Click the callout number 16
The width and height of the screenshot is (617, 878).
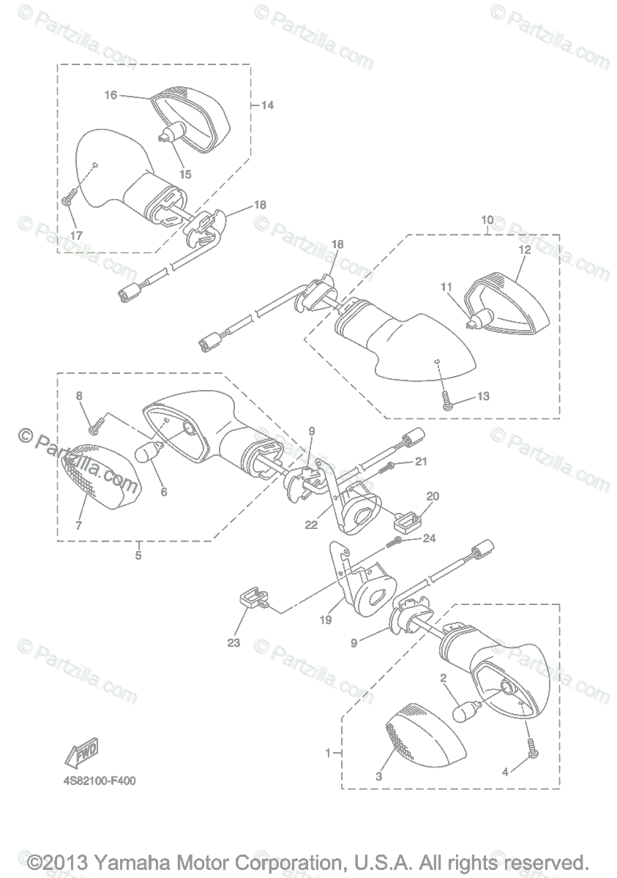point(111,95)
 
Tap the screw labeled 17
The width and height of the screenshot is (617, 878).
point(68,198)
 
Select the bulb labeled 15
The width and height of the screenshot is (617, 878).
point(170,135)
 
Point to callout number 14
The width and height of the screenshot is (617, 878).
point(266,105)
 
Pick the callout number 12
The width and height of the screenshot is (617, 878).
point(523,249)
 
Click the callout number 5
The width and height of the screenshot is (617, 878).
point(138,555)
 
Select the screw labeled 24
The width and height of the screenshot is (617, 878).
point(396,541)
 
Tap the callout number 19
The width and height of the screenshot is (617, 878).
point(326,619)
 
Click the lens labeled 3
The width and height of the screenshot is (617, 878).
point(425,738)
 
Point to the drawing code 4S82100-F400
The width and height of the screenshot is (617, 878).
point(99,781)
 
